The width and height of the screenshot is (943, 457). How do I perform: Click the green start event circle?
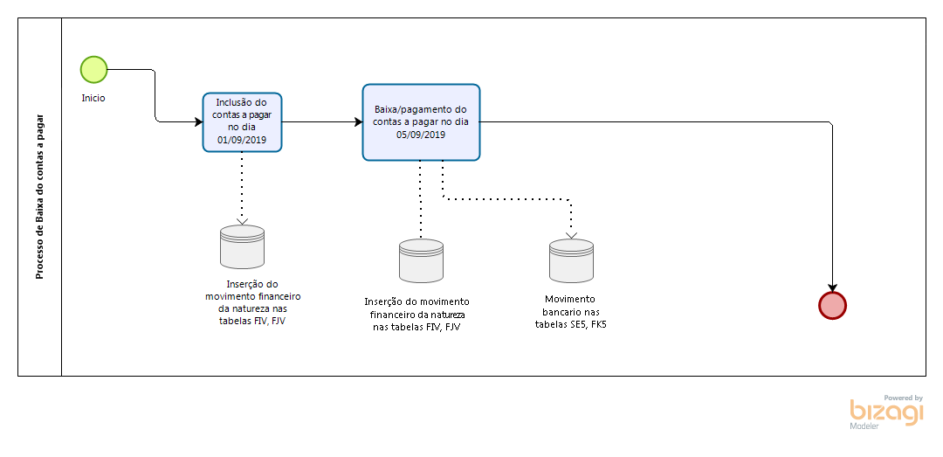[x=93, y=69]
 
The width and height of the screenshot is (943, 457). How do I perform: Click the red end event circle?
[x=832, y=305]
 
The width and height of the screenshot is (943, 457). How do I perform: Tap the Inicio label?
[x=93, y=98]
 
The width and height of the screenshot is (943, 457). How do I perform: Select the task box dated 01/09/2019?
[x=243, y=122]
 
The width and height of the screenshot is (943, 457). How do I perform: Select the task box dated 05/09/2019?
[x=421, y=122]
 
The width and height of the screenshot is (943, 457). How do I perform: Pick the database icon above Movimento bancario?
[x=571, y=260]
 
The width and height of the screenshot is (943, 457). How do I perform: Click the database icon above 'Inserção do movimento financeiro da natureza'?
[x=421, y=260]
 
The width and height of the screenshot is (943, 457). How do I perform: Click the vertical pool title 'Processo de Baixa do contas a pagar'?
[x=39, y=197]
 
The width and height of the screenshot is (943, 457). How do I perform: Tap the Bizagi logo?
[x=885, y=412]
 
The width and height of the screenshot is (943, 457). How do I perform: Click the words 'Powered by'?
[x=903, y=398]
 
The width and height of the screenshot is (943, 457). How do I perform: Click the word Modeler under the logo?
[x=864, y=426]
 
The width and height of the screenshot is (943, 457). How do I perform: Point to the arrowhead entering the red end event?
[x=832, y=287]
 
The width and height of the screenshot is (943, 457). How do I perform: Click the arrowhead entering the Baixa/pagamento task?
[x=358, y=122]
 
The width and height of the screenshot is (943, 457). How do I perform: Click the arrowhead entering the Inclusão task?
[x=198, y=122]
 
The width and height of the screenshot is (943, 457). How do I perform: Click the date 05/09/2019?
[x=421, y=135]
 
